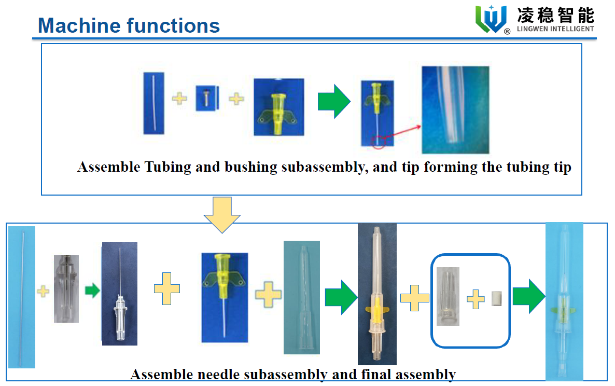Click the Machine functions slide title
coord(129,25)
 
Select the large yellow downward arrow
coord(222,214)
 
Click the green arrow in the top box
coord(334,101)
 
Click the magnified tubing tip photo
coord(455,109)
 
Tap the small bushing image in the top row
coord(205,98)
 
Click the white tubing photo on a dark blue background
coord(154,103)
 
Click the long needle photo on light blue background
coord(22,297)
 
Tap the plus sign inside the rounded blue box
coord(476,299)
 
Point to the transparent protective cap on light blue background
coord(302,297)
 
